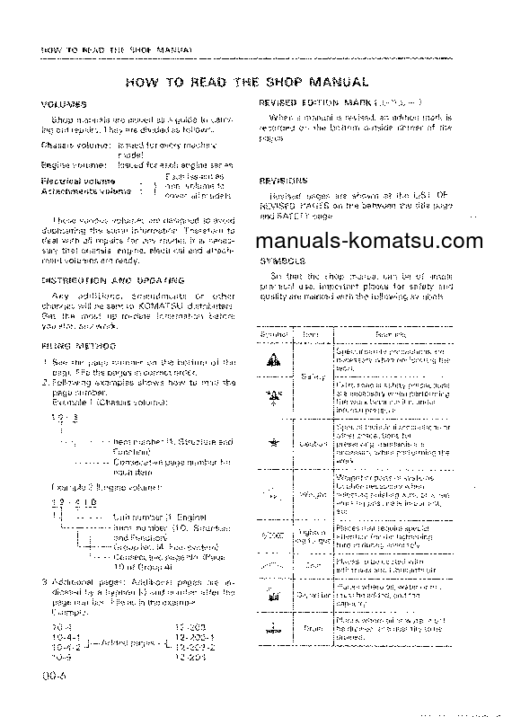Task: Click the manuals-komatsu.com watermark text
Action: click(x=381, y=240)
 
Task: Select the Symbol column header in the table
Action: click(x=273, y=332)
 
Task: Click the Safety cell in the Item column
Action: click(x=313, y=376)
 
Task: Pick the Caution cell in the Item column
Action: click(x=313, y=443)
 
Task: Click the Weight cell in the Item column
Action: click(x=313, y=494)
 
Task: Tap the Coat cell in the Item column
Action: click(x=313, y=566)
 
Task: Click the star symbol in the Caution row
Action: click(x=273, y=443)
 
